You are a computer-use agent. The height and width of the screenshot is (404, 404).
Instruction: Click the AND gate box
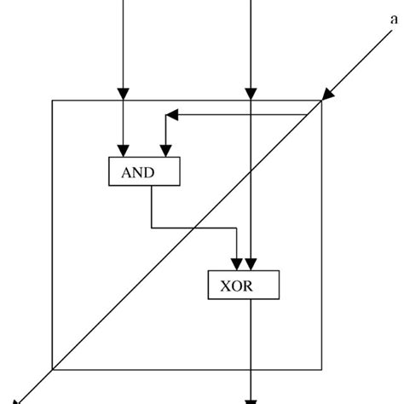(145, 171)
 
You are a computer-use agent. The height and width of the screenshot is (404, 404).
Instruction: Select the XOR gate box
(242, 286)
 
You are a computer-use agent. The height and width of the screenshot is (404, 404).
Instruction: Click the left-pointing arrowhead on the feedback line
(171, 114)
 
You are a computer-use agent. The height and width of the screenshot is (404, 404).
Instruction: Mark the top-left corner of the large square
(53, 101)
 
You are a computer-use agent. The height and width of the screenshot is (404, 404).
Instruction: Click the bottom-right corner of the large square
(321, 369)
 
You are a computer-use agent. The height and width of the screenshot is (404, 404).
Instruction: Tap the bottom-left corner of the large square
(53, 369)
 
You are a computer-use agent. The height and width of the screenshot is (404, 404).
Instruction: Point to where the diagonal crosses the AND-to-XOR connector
(195, 228)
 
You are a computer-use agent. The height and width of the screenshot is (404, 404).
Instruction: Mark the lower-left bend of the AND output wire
(152, 228)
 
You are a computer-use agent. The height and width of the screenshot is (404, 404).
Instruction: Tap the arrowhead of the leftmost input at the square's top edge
(124, 94)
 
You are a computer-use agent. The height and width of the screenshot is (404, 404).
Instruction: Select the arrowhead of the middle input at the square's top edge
(251, 94)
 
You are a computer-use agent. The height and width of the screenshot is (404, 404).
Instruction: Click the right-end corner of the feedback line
(308, 114)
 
